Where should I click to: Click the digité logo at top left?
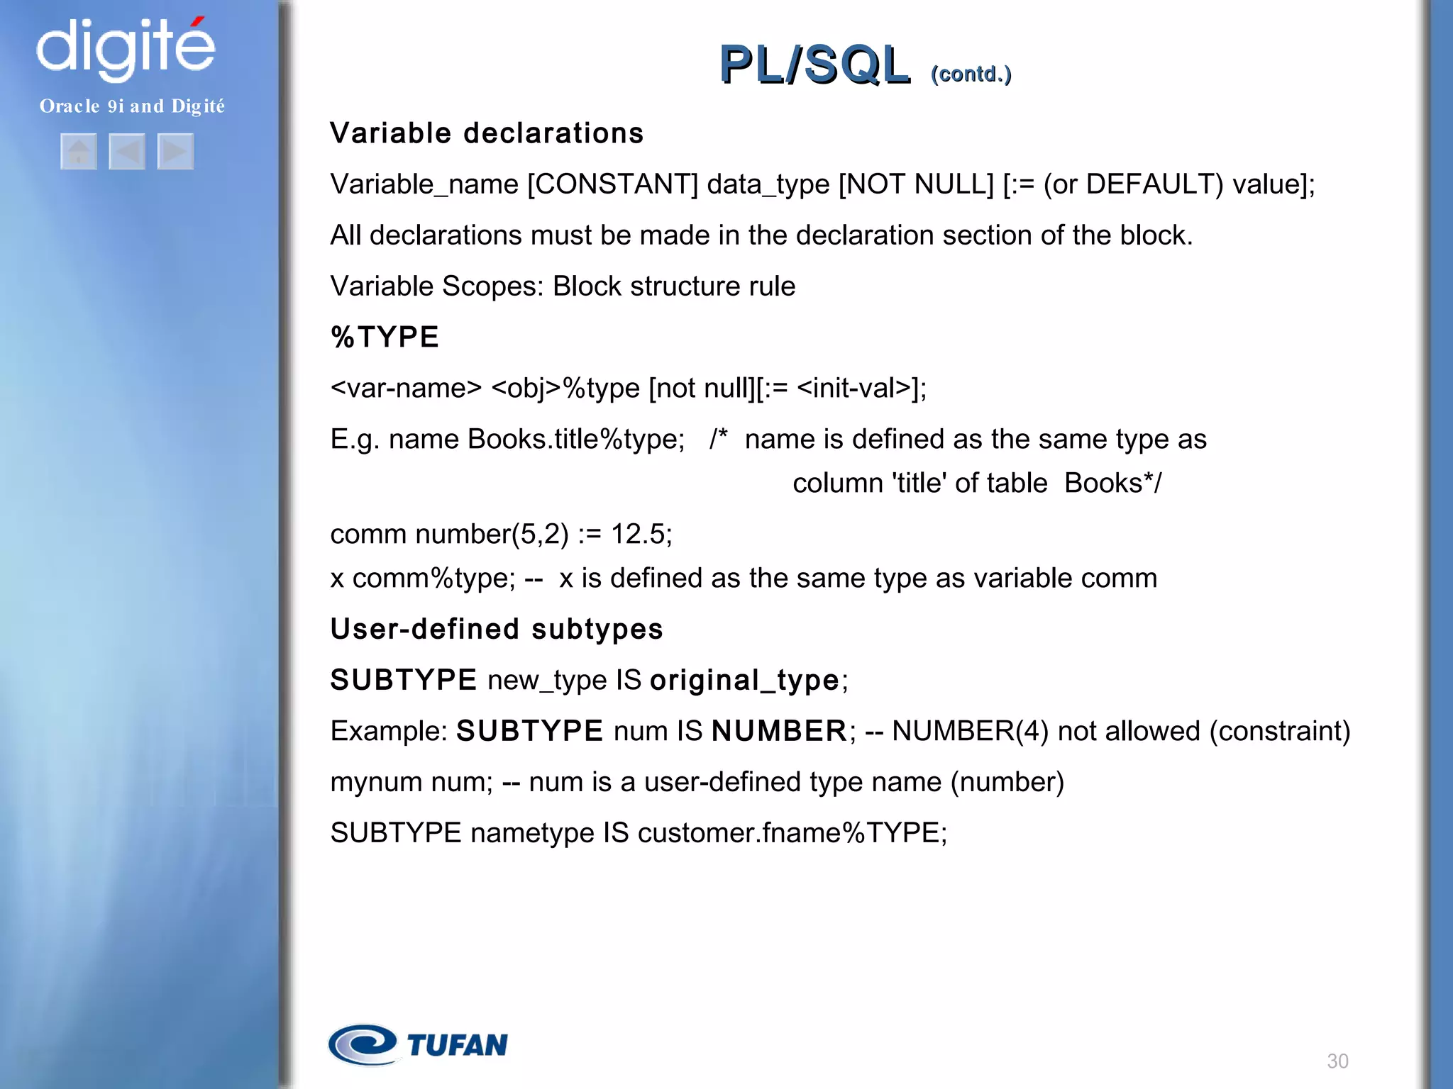click(x=126, y=48)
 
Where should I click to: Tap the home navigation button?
click(x=79, y=152)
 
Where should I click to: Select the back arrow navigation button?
click(x=127, y=152)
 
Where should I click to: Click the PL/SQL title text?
click(x=814, y=65)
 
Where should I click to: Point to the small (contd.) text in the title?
click(x=971, y=74)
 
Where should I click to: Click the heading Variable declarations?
click(x=487, y=133)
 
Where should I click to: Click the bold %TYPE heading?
click(x=385, y=337)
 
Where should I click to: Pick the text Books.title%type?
click(x=576, y=440)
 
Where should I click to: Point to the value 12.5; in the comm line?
click(x=641, y=534)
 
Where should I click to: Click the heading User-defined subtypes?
click(x=497, y=630)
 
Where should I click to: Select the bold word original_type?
click(x=744, y=681)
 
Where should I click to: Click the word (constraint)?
click(x=1279, y=731)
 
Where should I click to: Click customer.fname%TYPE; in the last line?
click(x=792, y=833)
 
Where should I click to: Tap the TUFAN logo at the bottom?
click(x=419, y=1044)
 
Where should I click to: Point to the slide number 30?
click(x=1337, y=1061)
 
